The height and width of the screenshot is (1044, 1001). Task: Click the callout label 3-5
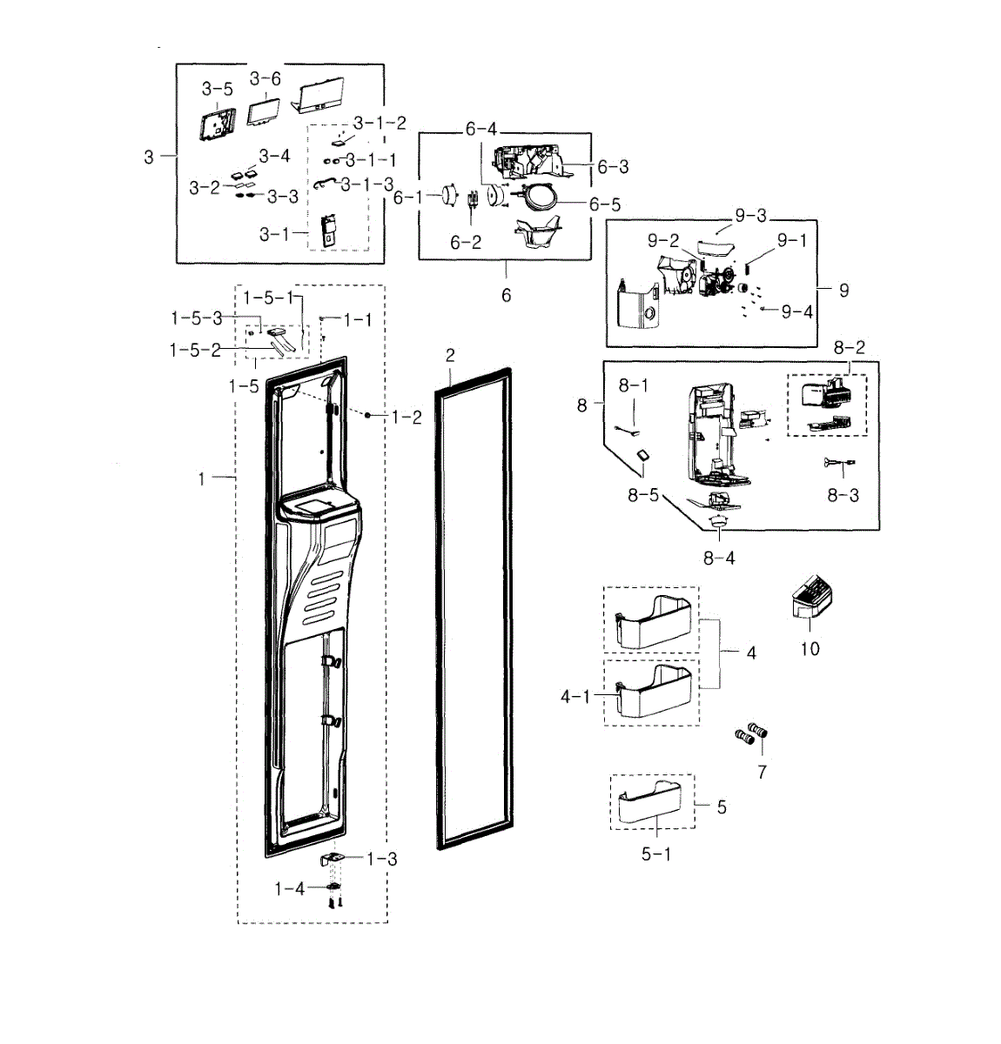tap(218, 89)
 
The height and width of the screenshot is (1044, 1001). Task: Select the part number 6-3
tap(613, 166)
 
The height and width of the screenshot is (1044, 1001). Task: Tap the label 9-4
tap(796, 311)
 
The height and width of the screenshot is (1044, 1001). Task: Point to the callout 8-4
tap(719, 558)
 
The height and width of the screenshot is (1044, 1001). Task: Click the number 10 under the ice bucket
tap(810, 648)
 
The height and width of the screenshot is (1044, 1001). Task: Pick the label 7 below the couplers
tap(762, 772)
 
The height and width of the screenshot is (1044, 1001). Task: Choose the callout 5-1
tap(656, 854)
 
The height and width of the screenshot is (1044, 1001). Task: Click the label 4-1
tap(575, 697)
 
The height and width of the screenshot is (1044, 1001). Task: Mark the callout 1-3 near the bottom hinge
tap(381, 860)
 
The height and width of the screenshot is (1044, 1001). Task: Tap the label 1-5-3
tap(196, 318)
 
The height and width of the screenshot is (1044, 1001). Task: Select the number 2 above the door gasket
tap(450, 355)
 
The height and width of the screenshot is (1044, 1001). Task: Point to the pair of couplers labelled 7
tap(751, 735)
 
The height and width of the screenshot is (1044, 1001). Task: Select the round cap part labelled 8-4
tap(719, 521)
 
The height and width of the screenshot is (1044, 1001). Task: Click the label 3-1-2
tap(380, 123)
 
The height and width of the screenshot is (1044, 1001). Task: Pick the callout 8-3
tap(843, 495)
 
